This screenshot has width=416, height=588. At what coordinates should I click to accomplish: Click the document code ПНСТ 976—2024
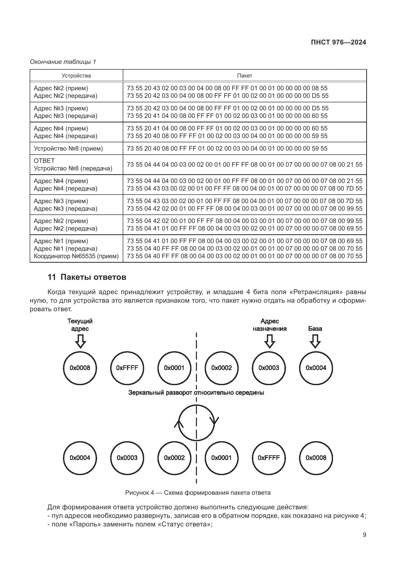click(x=338, y=42)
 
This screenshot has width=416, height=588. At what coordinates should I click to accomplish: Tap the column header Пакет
click(x=244, y=76)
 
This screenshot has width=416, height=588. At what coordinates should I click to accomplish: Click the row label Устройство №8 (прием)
click(x=68, y=149)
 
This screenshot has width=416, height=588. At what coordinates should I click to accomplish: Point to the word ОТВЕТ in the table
click(x=44, y=161)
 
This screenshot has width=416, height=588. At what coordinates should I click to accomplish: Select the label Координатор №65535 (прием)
click(x=76, y=256)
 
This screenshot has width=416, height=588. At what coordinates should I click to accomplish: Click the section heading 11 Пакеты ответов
click(x=87, y=277)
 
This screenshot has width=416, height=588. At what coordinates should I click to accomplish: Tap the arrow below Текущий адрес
click(x=80, y=341)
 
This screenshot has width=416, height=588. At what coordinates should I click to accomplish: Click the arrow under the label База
click(x=315, y=341)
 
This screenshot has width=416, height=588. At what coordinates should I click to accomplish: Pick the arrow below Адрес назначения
click(x=269, y=341)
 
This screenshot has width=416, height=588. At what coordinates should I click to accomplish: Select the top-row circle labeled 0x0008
click(x=80, y=368)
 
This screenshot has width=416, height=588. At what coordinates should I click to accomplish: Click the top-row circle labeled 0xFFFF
click(x=127, y=368)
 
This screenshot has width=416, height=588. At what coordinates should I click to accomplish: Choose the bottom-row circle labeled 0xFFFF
click(x=269, y=458)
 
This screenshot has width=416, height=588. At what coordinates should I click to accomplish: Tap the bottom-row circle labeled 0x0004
click(x=80, y=458)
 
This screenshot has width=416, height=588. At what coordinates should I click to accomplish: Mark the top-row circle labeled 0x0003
click(x=269, y=368)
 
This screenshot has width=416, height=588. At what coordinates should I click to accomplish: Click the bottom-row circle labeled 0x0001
click(x=222, y=458)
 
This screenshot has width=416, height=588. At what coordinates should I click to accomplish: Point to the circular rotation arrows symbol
click(x=196, y=423)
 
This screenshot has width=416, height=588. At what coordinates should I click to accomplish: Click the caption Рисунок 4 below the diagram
click(x=198, y=493)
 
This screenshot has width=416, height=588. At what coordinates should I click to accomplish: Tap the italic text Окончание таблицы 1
click(x=63, y=62)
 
